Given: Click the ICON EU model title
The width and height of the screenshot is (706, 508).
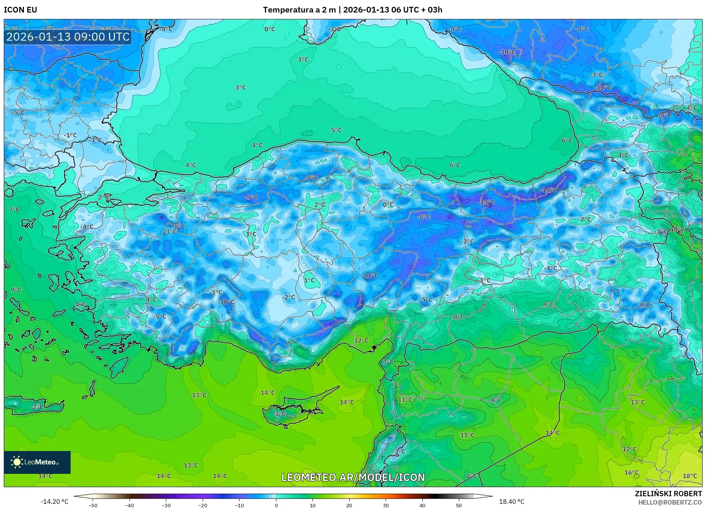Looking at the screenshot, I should tap(20, 10).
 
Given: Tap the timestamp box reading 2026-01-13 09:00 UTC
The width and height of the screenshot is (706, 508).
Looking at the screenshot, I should tap(68, 37).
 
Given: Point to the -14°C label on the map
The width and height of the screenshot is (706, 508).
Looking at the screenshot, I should tap(548, 190).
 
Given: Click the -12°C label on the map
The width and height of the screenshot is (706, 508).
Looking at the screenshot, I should tap(602, 88).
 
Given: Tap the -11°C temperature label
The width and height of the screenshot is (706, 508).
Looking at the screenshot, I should tap(369, 276).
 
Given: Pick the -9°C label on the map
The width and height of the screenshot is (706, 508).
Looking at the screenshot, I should tap(251, 197).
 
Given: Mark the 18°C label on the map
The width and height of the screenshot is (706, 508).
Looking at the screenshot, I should tap(690, 476).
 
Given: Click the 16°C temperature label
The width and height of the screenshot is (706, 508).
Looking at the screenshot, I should tap(632, 473).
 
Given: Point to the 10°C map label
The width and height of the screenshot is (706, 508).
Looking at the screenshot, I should tap(677, 229).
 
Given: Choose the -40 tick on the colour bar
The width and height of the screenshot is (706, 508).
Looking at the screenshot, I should tap(129, 505).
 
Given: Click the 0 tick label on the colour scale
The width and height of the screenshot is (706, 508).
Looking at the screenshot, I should tap(276, 505).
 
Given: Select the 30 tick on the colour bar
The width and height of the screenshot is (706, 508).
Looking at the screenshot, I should tap(386, 505).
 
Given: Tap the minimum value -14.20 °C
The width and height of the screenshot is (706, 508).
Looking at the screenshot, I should tap(55, 502).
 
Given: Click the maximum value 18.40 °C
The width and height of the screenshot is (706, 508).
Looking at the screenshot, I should tap(512, 502).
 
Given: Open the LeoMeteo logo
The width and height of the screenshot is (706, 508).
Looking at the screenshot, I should tap(37, 462).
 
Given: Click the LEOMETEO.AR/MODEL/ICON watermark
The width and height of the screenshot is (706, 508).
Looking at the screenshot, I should tap(353, 477).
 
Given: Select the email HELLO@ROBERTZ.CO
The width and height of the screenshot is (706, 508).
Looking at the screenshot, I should tap(670, 502).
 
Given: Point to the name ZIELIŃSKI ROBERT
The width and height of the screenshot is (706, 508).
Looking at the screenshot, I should tap(668, 494).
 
